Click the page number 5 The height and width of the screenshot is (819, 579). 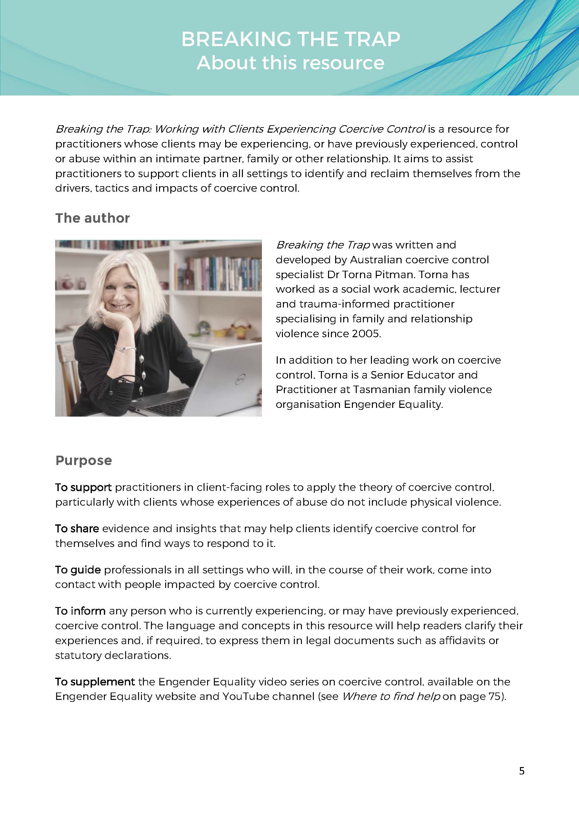coord(522,771)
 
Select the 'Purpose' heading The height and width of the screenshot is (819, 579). coord(84,460)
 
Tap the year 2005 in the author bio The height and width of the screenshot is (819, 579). coord(366,334)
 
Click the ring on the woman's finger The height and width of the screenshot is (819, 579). coord(101,315)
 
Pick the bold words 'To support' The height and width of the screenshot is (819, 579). coord(84,487)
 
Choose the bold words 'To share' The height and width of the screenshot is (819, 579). coord(77,528)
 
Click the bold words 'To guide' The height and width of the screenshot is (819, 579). coord(78,570)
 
